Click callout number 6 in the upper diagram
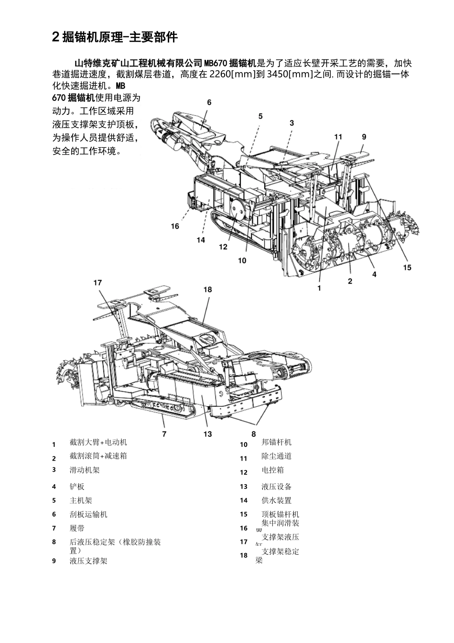point(209,102)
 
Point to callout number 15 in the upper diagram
point(407,267)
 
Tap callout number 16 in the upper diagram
point(175,226)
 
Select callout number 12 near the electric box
point(223,247)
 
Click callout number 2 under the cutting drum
point(350,281)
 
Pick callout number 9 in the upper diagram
point(364,137)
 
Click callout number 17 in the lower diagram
point(97,283)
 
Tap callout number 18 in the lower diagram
point(207,289)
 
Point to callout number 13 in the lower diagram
point(207,434)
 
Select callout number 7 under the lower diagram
point(164,434)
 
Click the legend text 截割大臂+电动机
point(98,442)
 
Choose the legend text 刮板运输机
point(88,514)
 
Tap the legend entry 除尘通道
point(276,456)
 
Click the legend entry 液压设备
point(276,487)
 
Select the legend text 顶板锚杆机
point(280,514)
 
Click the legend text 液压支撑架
point(88,561)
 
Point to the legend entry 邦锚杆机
point(276,442)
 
